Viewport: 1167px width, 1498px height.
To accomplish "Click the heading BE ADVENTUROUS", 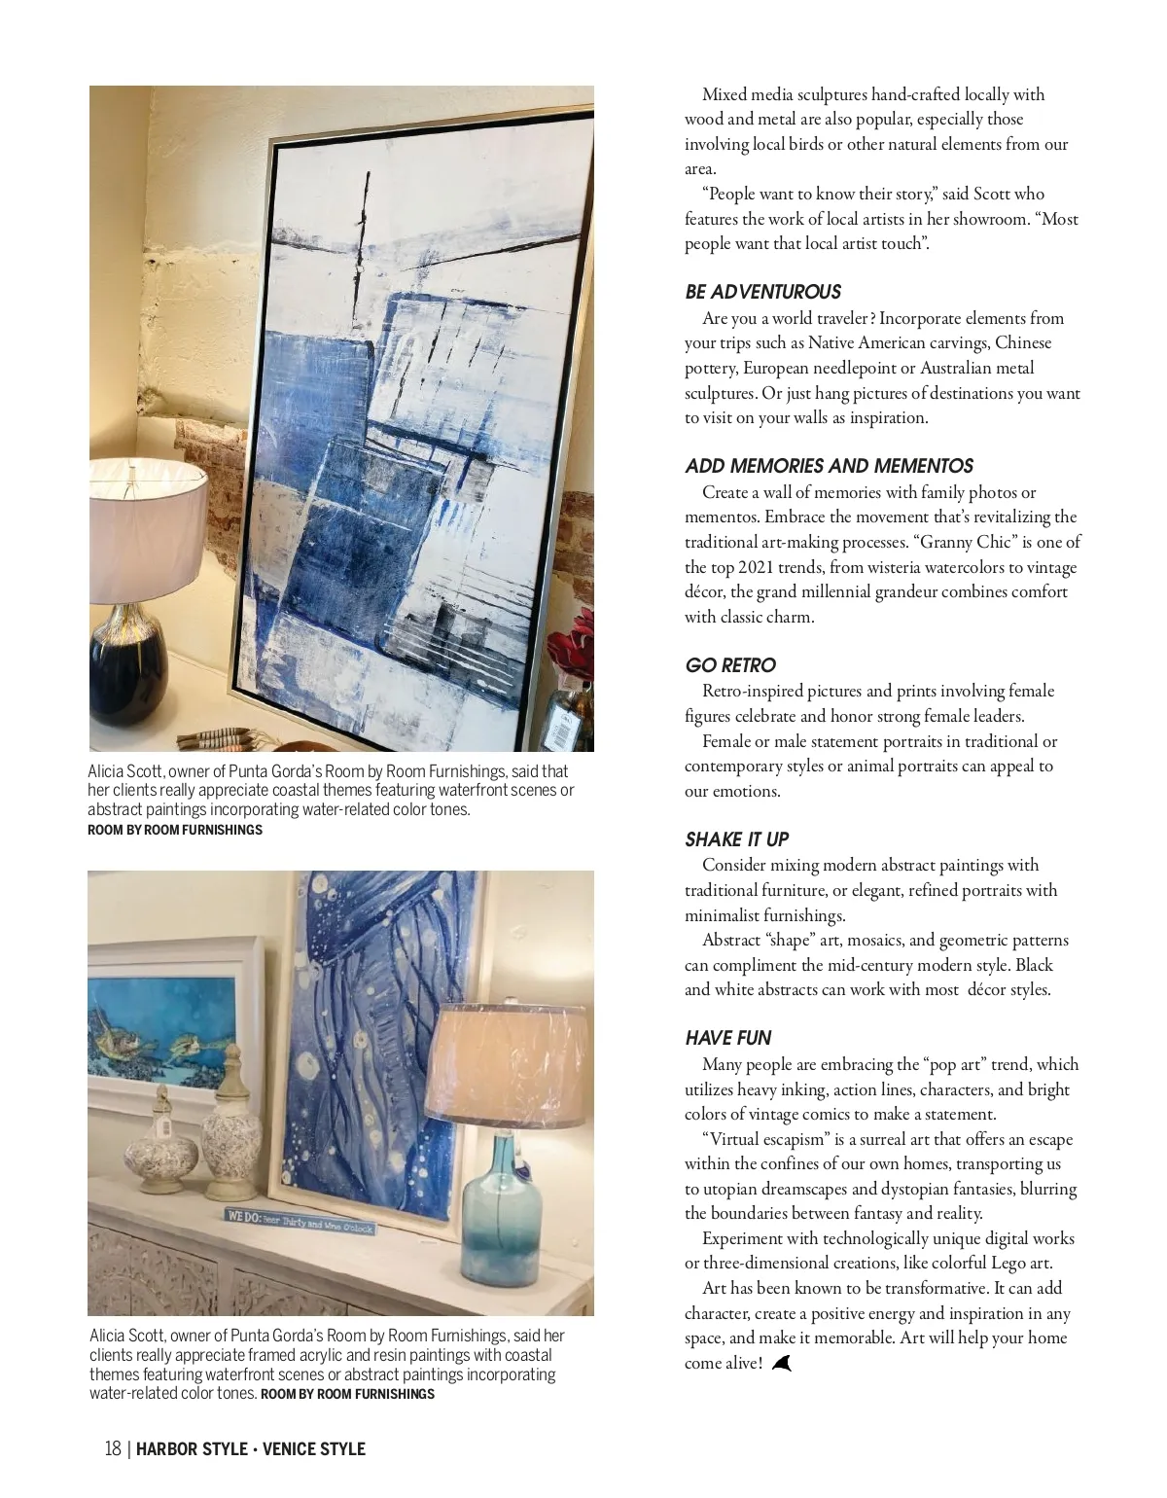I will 762,292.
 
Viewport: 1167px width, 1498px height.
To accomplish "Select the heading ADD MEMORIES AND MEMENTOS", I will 829,466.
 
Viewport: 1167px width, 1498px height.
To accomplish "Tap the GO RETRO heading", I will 730,665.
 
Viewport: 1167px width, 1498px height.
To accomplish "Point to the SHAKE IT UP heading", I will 736,839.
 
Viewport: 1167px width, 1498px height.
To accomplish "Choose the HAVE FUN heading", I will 728,1038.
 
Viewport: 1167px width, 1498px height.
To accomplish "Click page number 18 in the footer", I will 113,1449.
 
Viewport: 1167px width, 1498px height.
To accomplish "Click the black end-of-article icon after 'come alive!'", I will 781,1364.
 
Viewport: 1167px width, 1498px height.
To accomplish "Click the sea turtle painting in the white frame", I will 165,1021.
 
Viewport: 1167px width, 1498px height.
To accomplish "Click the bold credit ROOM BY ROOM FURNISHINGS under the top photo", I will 175,830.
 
